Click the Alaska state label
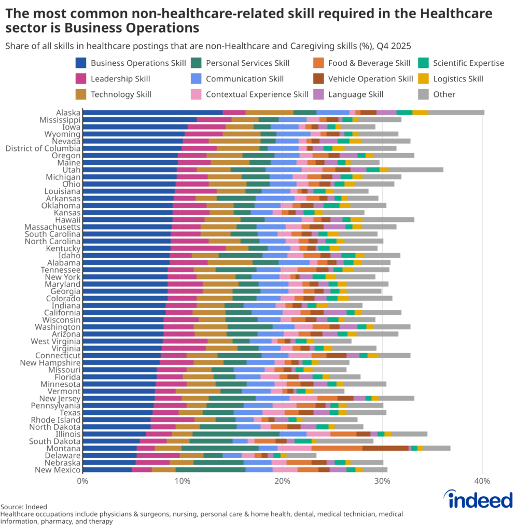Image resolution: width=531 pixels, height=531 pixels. pyautogui.click(x=68, y=113)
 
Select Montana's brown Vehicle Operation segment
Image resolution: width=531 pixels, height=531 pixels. pyautogui.click(x=385, y=448)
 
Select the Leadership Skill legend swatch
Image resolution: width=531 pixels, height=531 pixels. pyautogui.click(x=81, y=79)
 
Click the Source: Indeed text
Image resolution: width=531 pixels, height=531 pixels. pyautogui.click(x=23, y=507)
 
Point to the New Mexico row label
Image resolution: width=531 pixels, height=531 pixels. pyautogui.click(x=57, y=470)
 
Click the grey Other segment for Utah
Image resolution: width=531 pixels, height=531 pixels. pyautogui.click(x=416, y=170)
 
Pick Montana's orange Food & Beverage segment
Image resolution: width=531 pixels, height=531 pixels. pyautogui.click(x=337, y=448)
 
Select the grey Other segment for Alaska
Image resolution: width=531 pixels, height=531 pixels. pyautogui.click(x=456, y=113)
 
